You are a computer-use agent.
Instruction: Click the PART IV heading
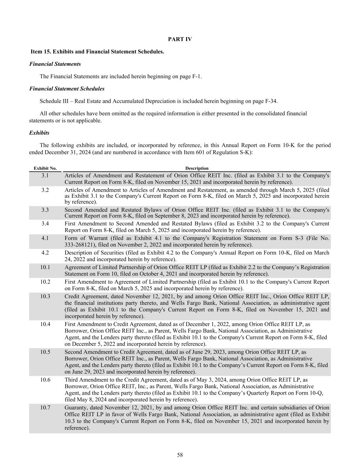pos(180,39)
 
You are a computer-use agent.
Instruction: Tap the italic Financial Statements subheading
pos(55,64)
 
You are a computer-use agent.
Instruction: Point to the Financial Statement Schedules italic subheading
pos(67,89)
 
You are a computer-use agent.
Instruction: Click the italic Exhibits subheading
pos(39,133)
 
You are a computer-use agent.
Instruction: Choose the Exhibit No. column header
pos(45,168)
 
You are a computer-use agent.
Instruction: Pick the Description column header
pos(197,168)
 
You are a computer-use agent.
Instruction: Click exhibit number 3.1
pos(45,175)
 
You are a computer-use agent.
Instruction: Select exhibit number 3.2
pos(45,190)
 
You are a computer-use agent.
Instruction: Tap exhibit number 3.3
pos(45,210)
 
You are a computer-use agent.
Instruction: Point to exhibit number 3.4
pos(45,224)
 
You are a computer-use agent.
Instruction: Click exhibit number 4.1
pos(45,238)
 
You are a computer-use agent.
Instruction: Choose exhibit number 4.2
pos(45,253)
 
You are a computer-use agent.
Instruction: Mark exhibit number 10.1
pos(45,267)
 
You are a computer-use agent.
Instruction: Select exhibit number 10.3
pos(45,296)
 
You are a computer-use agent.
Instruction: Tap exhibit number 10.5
pos(45,352)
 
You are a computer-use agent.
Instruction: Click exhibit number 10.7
pos(45,408)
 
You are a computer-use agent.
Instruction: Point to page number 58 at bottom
pos(180,455)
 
